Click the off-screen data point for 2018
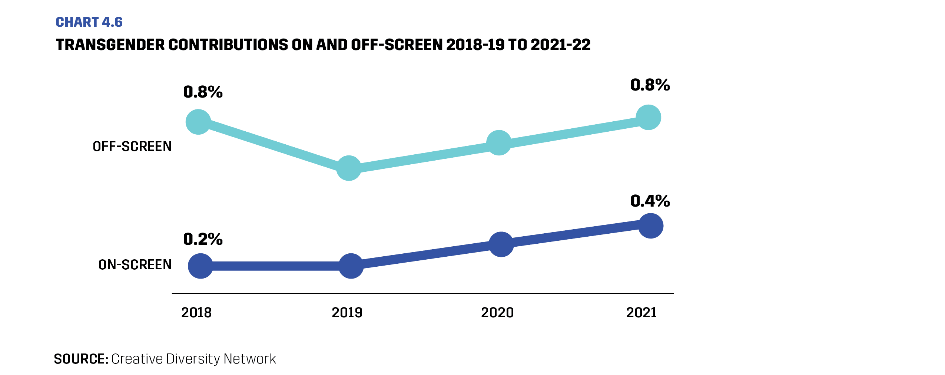[x=198, y=122]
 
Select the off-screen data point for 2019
[x=349, y=168]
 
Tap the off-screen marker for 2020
[x=499, y=143]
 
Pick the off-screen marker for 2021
[x=649, y=117]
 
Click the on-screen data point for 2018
[x=200, y=266]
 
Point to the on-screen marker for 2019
[x=351, y=266]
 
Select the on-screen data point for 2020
[x=501, y=244]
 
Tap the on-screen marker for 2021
[x=651, y=226]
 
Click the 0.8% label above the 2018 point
[x=203, y=92]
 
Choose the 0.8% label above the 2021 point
[x=650, y=85]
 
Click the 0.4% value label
[x=650, y=201]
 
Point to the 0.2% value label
[x=203, y=239]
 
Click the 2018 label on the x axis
[x=196, y=313]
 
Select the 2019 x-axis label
[x=347, y=313]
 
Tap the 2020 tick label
[x=497, y=313]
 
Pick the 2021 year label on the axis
[x=641, y=313]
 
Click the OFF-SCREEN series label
[x=132, y=147]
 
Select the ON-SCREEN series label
[x=135, y=265]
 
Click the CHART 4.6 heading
[x=89, y=22]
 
